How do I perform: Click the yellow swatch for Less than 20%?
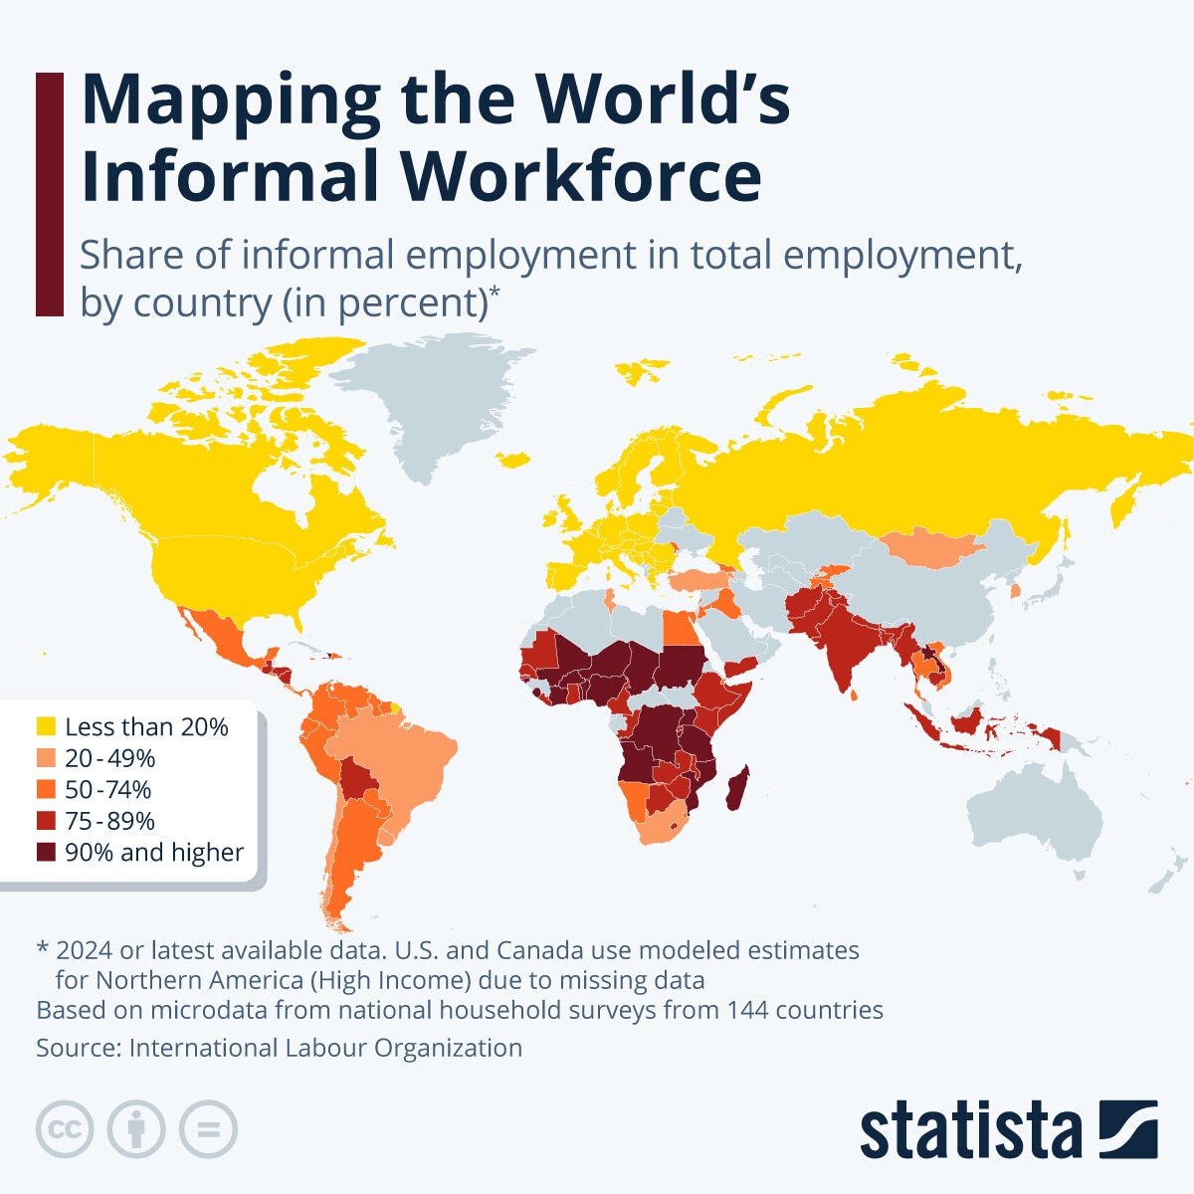pos(46,726)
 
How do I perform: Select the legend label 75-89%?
pos(109,821)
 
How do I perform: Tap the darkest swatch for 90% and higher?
pos(46,853)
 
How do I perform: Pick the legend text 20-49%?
pos(109,758)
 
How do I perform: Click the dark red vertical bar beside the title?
pos(49,194)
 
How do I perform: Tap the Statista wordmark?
pos(970,1131)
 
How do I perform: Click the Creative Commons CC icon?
pos(65,1129)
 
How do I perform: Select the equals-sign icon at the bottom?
pos(209,1129)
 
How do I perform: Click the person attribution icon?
pos(136,1129)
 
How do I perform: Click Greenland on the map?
pos(438,398)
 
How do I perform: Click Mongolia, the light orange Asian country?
pos(930,547)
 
